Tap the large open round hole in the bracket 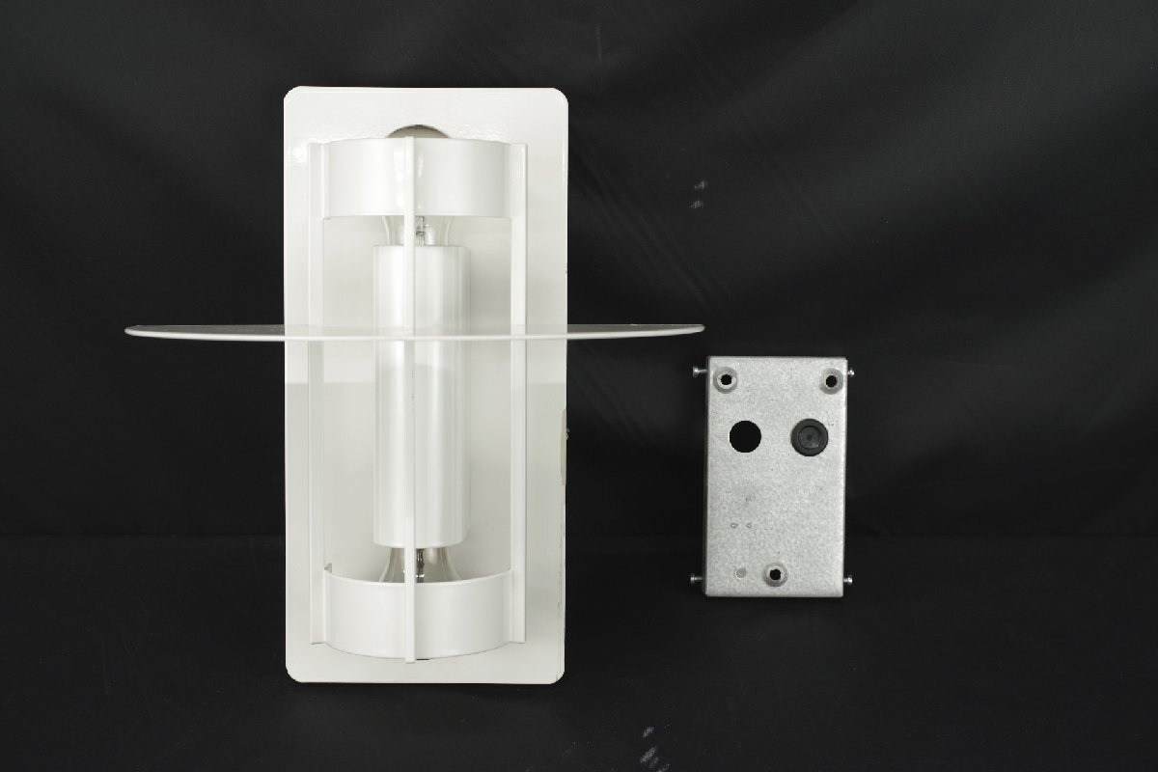tap(744, 437)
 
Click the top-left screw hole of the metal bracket tap(728, 378)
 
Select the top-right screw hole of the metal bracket tap(832, 380)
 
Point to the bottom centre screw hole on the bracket tap(774, 575)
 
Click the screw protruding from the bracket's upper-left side tap(698, 371)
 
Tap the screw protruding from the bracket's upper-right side tap(850, 371)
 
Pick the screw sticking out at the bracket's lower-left tap(697, 578)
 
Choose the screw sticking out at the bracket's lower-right tap(848, 580)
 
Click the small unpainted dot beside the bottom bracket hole tap(741, 574)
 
